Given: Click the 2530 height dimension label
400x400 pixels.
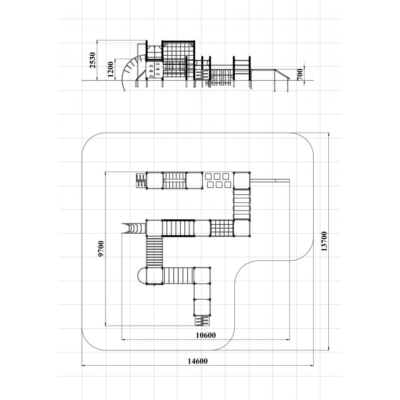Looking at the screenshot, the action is point(93,60).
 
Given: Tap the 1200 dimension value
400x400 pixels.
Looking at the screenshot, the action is point(110,69).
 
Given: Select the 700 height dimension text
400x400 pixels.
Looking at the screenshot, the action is point(300,74).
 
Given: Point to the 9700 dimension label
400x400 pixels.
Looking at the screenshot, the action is point(101,249).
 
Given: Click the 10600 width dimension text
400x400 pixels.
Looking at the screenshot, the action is point(206,335).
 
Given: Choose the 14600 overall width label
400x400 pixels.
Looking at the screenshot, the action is point(198,361).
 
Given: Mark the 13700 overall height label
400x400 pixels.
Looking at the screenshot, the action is point(324,241).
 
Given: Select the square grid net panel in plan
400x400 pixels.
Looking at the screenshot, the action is point(222,228).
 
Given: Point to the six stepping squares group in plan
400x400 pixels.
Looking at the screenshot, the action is point(218,180).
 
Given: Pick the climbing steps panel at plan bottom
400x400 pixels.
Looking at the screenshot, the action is point(203,321).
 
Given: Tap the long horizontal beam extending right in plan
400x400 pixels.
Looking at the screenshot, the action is point(270,181).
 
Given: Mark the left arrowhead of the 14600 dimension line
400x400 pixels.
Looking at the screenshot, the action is point(83,366).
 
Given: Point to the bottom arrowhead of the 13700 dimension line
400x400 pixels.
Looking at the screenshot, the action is point(328,348).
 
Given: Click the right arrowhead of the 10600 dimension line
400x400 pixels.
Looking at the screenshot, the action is point(288,340).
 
